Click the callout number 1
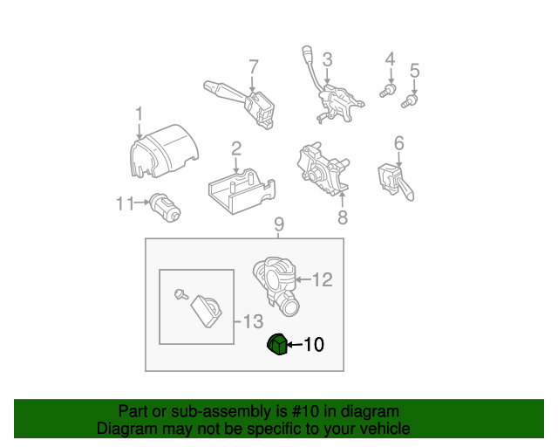[139, 113]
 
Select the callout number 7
[254, 66]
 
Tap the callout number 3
[327, 59]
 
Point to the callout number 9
[279, 225]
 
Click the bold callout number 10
[313, 346]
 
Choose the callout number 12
[322, 280]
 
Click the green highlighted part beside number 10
[276, 346]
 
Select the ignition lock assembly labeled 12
[274, 282]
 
